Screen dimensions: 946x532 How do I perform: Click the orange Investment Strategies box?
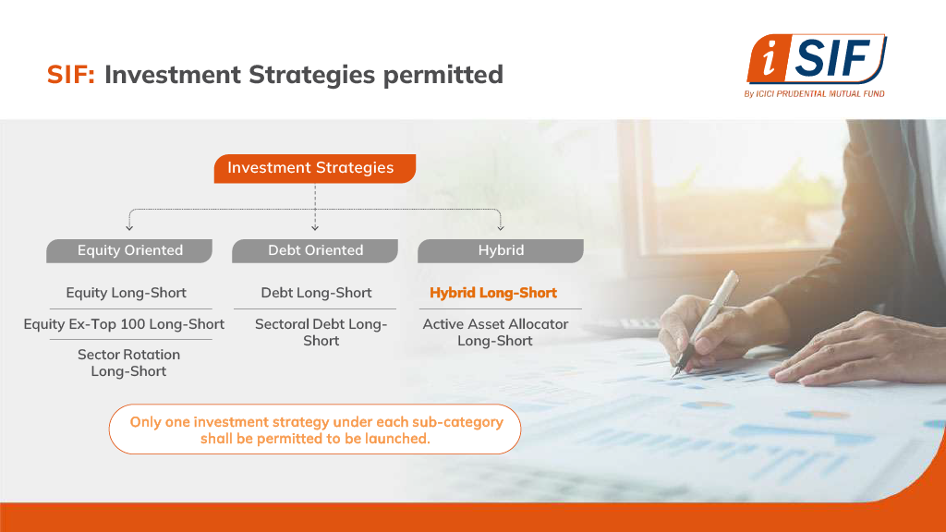[x=315, y=168]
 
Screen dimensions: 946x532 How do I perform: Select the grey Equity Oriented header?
[x=129, y=251]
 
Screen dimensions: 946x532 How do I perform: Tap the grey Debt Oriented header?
[x=315, y=251]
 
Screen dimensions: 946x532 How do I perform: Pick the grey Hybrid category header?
[x=501, y=251]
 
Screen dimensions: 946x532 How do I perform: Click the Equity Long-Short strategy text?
[x=126, y=293]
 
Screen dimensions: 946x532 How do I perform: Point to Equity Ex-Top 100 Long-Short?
[x=124, y=324]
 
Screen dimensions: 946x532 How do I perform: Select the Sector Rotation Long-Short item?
[x=128, y=363]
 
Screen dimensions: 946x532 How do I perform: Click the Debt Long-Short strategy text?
[x=316, y=293]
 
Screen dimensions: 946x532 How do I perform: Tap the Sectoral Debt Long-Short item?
[x=321, y=332]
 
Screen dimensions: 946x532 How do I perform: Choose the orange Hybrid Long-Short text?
[x=493, y=293]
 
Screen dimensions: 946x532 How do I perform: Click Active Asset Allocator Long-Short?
[x=495, y=332]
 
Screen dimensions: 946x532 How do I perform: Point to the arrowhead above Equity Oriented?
[x=129, y=227]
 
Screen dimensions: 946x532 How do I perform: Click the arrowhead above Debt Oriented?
[x=315, y=227]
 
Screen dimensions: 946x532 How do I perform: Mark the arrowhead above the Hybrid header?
[x=501, y=227]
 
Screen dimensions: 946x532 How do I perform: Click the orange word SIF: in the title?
[x=71, y=75]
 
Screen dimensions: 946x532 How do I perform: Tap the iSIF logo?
[x=817, y=59]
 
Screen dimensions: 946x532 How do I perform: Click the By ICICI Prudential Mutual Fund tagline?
[x=815, y=93]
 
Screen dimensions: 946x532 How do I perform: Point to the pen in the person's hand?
[x=706, y=323]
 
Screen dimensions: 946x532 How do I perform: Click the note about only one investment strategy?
[x=315, y=429]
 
